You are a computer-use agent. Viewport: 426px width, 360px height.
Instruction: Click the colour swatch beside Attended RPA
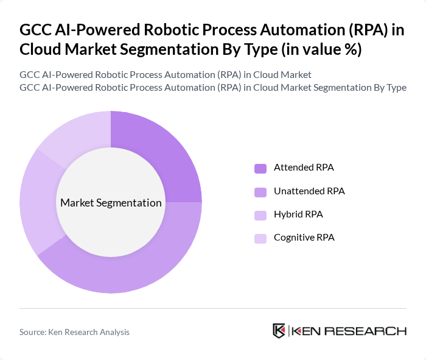[260, 168]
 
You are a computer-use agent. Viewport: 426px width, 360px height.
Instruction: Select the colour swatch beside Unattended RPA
[260, 191]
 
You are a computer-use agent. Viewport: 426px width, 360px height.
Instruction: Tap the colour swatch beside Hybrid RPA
[260, 215]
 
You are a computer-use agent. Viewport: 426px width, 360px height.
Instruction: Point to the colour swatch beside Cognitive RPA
[260, 238]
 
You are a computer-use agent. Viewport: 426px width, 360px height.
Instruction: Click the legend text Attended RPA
[304, 168]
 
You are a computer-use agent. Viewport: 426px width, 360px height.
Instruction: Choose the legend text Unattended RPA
[309, 191]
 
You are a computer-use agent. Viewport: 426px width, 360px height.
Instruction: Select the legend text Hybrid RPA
[298, 214]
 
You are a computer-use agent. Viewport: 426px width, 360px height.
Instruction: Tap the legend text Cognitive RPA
[304, 238]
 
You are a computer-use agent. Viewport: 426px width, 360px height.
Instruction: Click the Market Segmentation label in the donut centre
[111, 203]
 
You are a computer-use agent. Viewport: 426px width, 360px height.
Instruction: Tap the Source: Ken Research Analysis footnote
[74, 332]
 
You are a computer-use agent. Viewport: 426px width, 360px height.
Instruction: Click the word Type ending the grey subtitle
[394, 87]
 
